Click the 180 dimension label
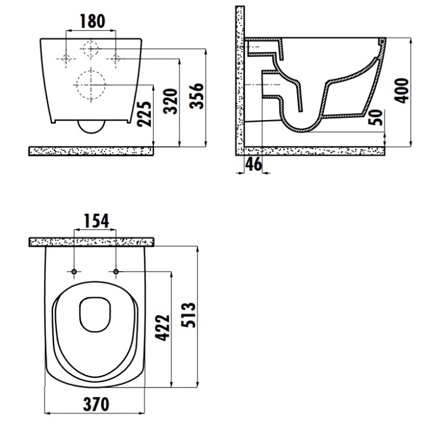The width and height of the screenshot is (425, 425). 92,21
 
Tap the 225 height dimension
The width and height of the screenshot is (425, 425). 144,114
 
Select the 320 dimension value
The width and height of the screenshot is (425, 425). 171,101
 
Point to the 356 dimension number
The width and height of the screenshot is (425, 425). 197,96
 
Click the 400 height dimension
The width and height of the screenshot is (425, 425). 402,90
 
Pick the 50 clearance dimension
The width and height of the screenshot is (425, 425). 376,117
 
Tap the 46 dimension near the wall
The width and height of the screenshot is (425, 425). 254,164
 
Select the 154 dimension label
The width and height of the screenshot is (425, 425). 96,221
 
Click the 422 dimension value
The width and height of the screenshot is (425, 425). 162,328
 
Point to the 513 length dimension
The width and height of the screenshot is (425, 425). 188,315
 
